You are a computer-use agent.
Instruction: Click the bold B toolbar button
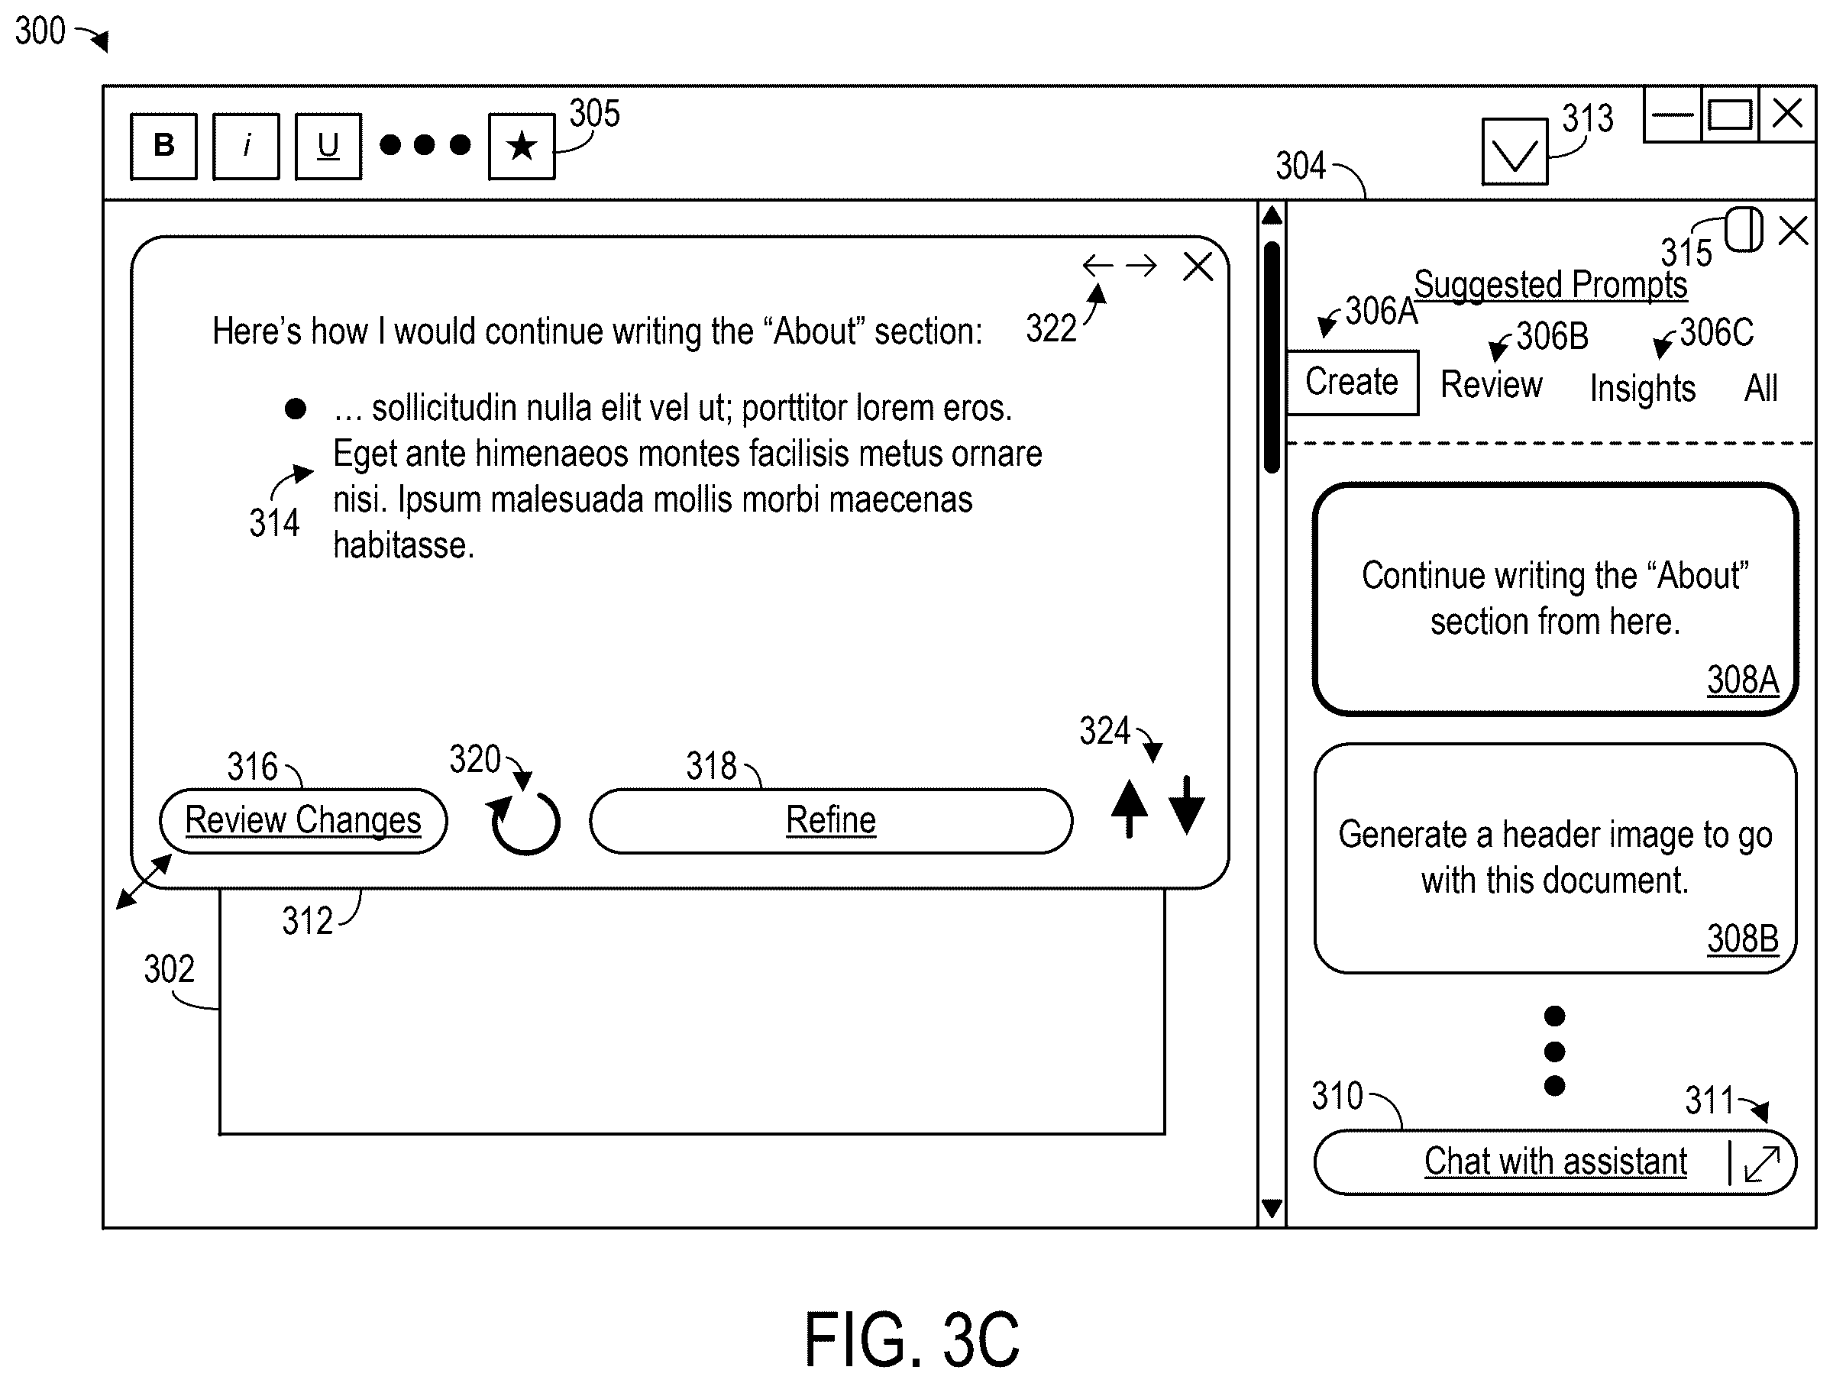(x=164, y=146)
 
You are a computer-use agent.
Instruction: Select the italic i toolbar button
(x=246, y=146)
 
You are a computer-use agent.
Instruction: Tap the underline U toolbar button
(x=328, y=146)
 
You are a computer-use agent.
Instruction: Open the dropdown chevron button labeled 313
(x=1515, y=152)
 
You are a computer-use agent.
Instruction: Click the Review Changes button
(x=303, y=820)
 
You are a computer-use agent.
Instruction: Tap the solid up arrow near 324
(x=1130, y=808)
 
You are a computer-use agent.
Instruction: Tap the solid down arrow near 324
(x=1187, y=806)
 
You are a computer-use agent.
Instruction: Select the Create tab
(x=1353, y=382)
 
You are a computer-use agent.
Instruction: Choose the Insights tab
(x=1642, y=388)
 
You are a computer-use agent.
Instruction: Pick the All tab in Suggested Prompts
(x=1761, y=387)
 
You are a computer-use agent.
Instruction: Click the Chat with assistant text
(x=1556, y=1161)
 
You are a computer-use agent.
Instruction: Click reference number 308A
(x=1743, y=680)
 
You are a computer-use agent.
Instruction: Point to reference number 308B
(x=1743, y=939)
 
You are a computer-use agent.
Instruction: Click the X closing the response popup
(x=1198, y=267)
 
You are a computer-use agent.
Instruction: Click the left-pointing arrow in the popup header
(x=1098, y=266)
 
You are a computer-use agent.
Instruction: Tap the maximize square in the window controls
(x=1730, y=115)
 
